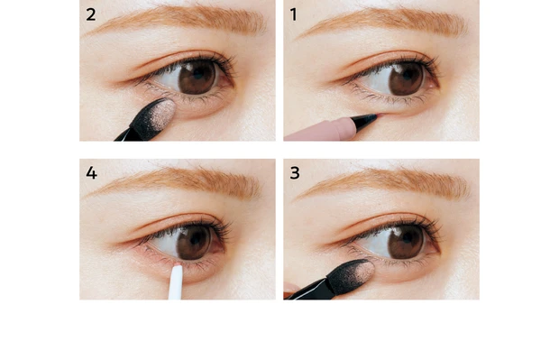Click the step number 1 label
coord(293,14)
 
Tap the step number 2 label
coord(90,14)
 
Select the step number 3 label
coord(295,173)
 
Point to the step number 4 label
coord(91,173)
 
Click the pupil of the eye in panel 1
coord(407,76)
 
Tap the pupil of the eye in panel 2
coord(197,74)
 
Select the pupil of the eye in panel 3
coord(406,238)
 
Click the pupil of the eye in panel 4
coord(196,238)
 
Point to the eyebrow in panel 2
coord(177,20)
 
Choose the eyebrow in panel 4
coord(175,182)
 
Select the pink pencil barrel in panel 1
coord(319,130)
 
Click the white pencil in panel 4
coord(176,282)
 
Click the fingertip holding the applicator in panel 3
coord(290,289)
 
